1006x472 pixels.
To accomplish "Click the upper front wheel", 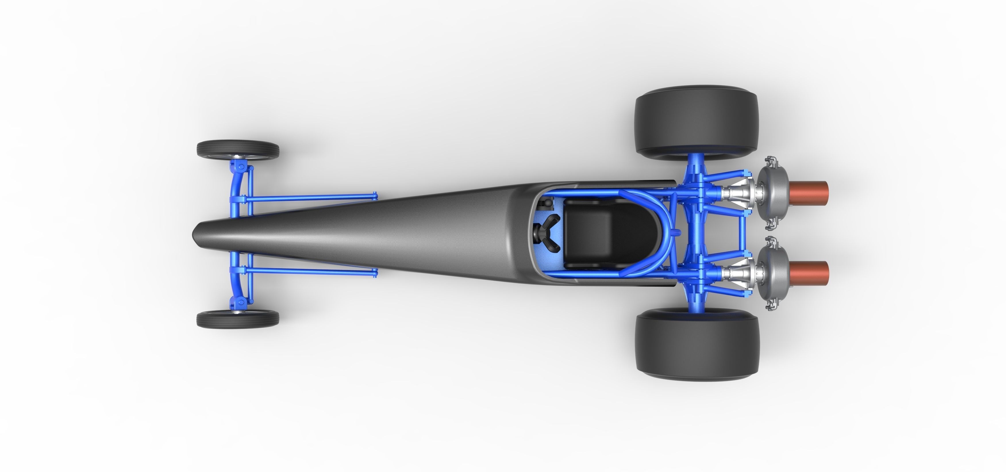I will point(238,149).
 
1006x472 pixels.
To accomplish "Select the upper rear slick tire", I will point(697,121).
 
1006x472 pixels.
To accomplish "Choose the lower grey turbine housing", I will point(769,273).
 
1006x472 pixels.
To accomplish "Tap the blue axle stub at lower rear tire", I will point(696,306).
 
